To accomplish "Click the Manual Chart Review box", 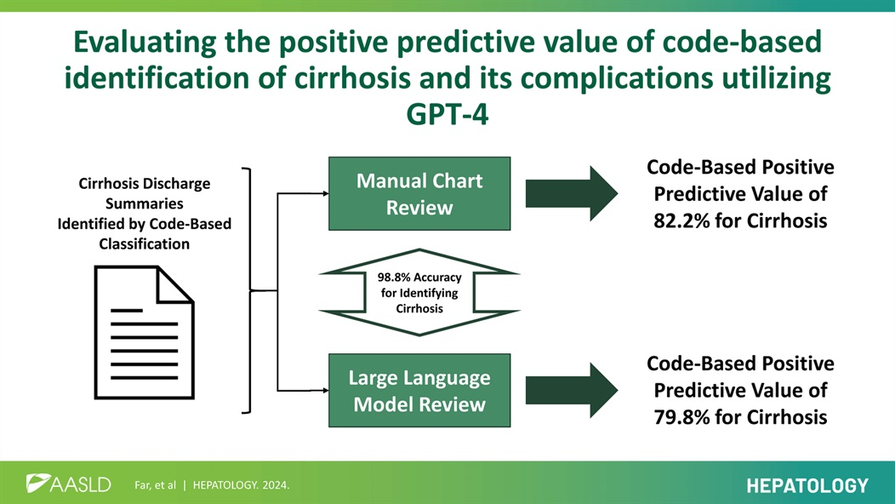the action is (419, 193).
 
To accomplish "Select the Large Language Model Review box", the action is (419, 390).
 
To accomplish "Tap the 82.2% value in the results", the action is (672, 220).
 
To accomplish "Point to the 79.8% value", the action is (672, 417).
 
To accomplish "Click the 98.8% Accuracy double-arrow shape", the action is (419, 292).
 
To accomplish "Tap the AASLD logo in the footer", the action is (68, 484).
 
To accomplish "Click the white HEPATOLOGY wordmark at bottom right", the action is (807, 485).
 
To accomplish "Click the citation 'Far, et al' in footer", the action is (155, 485).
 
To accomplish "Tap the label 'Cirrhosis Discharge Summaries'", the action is (144, 193).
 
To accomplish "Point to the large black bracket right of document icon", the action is (248, 290).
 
